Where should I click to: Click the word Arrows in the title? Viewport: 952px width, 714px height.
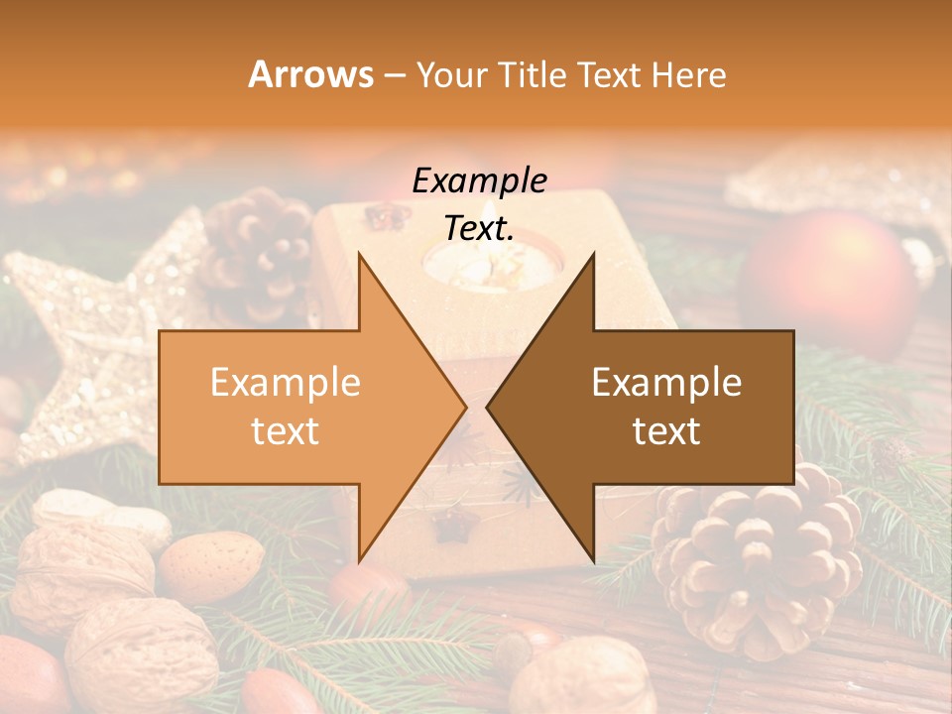click(310, 74)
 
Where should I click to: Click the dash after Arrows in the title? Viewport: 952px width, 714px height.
click(394, 76)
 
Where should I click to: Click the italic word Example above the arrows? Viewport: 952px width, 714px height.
click(479, 181)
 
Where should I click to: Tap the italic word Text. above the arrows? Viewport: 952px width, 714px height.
click(479, 228)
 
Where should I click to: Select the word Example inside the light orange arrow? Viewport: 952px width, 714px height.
click(286, 383)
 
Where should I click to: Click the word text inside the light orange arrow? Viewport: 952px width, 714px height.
click(286, 430)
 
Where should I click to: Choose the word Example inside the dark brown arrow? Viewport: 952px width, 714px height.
click(666, 383)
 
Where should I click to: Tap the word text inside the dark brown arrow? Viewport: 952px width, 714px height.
click(666, 430)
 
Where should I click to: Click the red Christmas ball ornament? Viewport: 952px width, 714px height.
click(831, 273)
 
